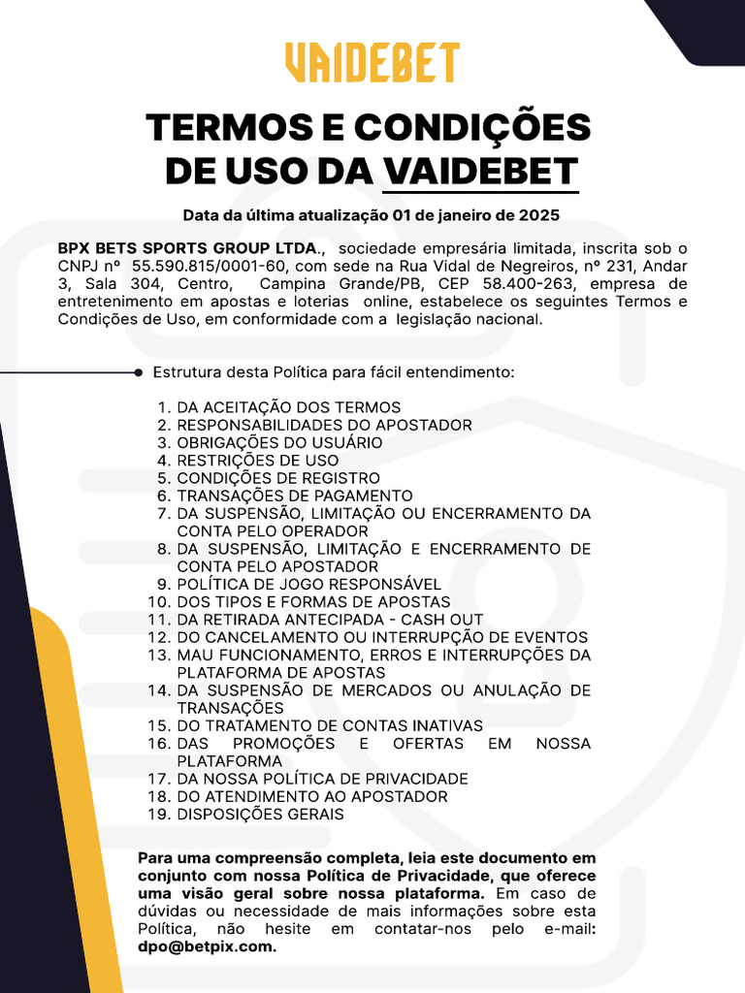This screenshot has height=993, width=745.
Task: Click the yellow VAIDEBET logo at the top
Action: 372,63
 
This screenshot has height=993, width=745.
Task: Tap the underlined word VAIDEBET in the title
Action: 480,171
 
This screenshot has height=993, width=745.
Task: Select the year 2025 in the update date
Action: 541,214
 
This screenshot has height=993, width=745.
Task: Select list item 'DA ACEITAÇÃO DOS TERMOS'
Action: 288,407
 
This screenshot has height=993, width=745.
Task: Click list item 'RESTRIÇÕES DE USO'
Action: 257,461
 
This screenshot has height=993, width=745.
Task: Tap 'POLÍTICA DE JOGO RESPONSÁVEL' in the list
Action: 308,584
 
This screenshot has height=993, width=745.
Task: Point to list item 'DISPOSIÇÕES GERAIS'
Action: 260,815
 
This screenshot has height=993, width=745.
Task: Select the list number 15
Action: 159,725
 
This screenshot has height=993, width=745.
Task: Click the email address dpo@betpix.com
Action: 207,946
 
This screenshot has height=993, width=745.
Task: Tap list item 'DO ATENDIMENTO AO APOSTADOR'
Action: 311,796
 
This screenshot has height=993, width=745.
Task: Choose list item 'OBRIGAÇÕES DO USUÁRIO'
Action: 279,443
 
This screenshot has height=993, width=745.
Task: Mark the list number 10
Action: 159,602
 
